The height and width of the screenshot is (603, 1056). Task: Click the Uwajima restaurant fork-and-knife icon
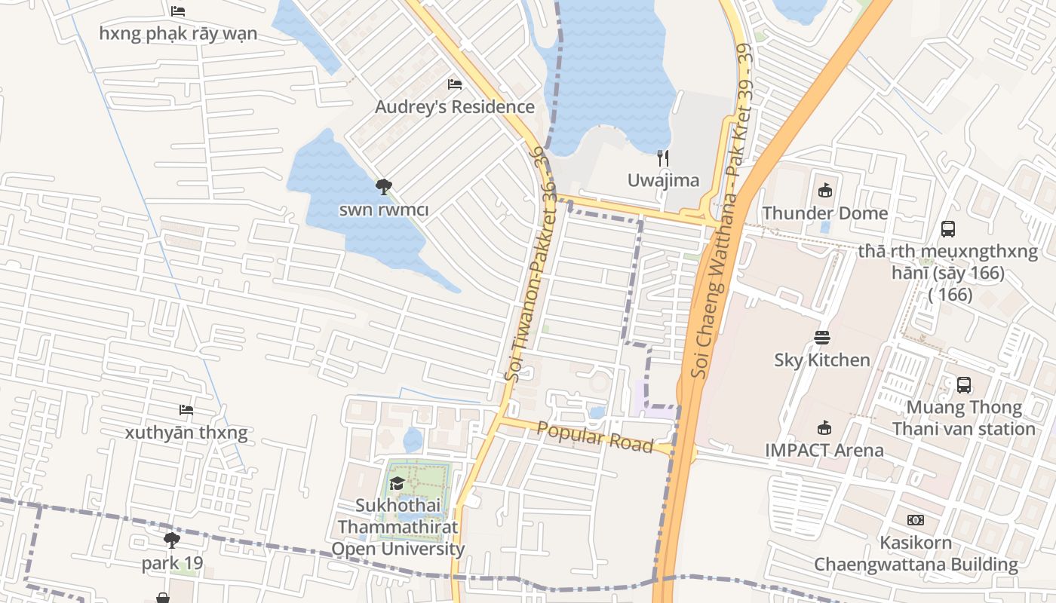664,158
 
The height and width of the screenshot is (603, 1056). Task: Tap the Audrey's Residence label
455,107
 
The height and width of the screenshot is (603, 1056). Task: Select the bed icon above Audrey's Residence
455,84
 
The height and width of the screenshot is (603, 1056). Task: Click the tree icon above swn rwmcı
383,186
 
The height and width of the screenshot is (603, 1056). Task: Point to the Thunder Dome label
825,213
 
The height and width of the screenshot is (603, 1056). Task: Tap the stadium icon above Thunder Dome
825,191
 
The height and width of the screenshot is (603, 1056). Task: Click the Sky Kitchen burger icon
822,338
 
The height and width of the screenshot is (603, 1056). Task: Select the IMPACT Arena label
824,451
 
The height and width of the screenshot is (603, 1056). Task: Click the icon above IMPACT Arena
824,428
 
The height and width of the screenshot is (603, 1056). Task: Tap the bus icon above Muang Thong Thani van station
964,385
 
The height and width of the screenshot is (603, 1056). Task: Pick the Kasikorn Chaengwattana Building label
916,554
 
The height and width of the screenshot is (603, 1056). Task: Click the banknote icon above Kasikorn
916,520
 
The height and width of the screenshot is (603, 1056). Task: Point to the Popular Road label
595,437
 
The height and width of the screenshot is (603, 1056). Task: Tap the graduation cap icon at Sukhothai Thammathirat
398,483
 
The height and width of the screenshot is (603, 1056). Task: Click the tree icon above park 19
172,540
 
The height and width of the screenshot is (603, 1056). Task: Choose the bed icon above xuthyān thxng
186,410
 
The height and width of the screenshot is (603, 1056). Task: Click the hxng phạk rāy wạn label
178,34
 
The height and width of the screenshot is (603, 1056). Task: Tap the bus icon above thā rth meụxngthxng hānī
948,229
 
